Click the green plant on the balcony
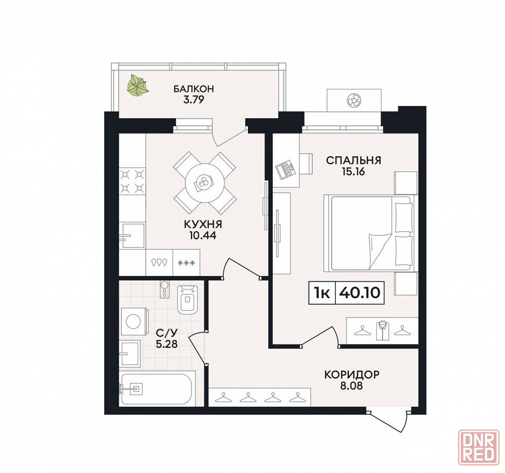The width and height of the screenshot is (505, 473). click(137, 85)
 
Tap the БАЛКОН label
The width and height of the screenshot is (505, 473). click(193, 88)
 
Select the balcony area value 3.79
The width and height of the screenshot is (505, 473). click(193, 100)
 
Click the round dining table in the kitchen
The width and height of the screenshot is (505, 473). click(204, 183)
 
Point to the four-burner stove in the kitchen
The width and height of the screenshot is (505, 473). click(132, 181)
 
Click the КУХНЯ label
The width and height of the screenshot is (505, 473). click(203, 224)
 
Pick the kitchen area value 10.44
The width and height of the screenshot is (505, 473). click(203, 235)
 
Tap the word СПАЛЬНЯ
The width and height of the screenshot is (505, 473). click(353, 160)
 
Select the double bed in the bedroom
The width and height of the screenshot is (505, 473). click(371, 232)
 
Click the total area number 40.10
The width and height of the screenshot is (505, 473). click(360, 293)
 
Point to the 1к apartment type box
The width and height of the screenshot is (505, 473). click(322, 293)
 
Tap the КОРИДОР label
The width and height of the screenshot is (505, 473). click(351, 374)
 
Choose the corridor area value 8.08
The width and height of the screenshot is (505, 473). click(351, 386)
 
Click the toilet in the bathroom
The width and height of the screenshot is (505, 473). click(188, 299)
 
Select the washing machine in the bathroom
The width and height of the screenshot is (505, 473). click(134, 322)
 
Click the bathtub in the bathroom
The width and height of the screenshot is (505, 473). click(158, 389)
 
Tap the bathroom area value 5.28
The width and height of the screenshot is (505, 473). click(167, 344)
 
